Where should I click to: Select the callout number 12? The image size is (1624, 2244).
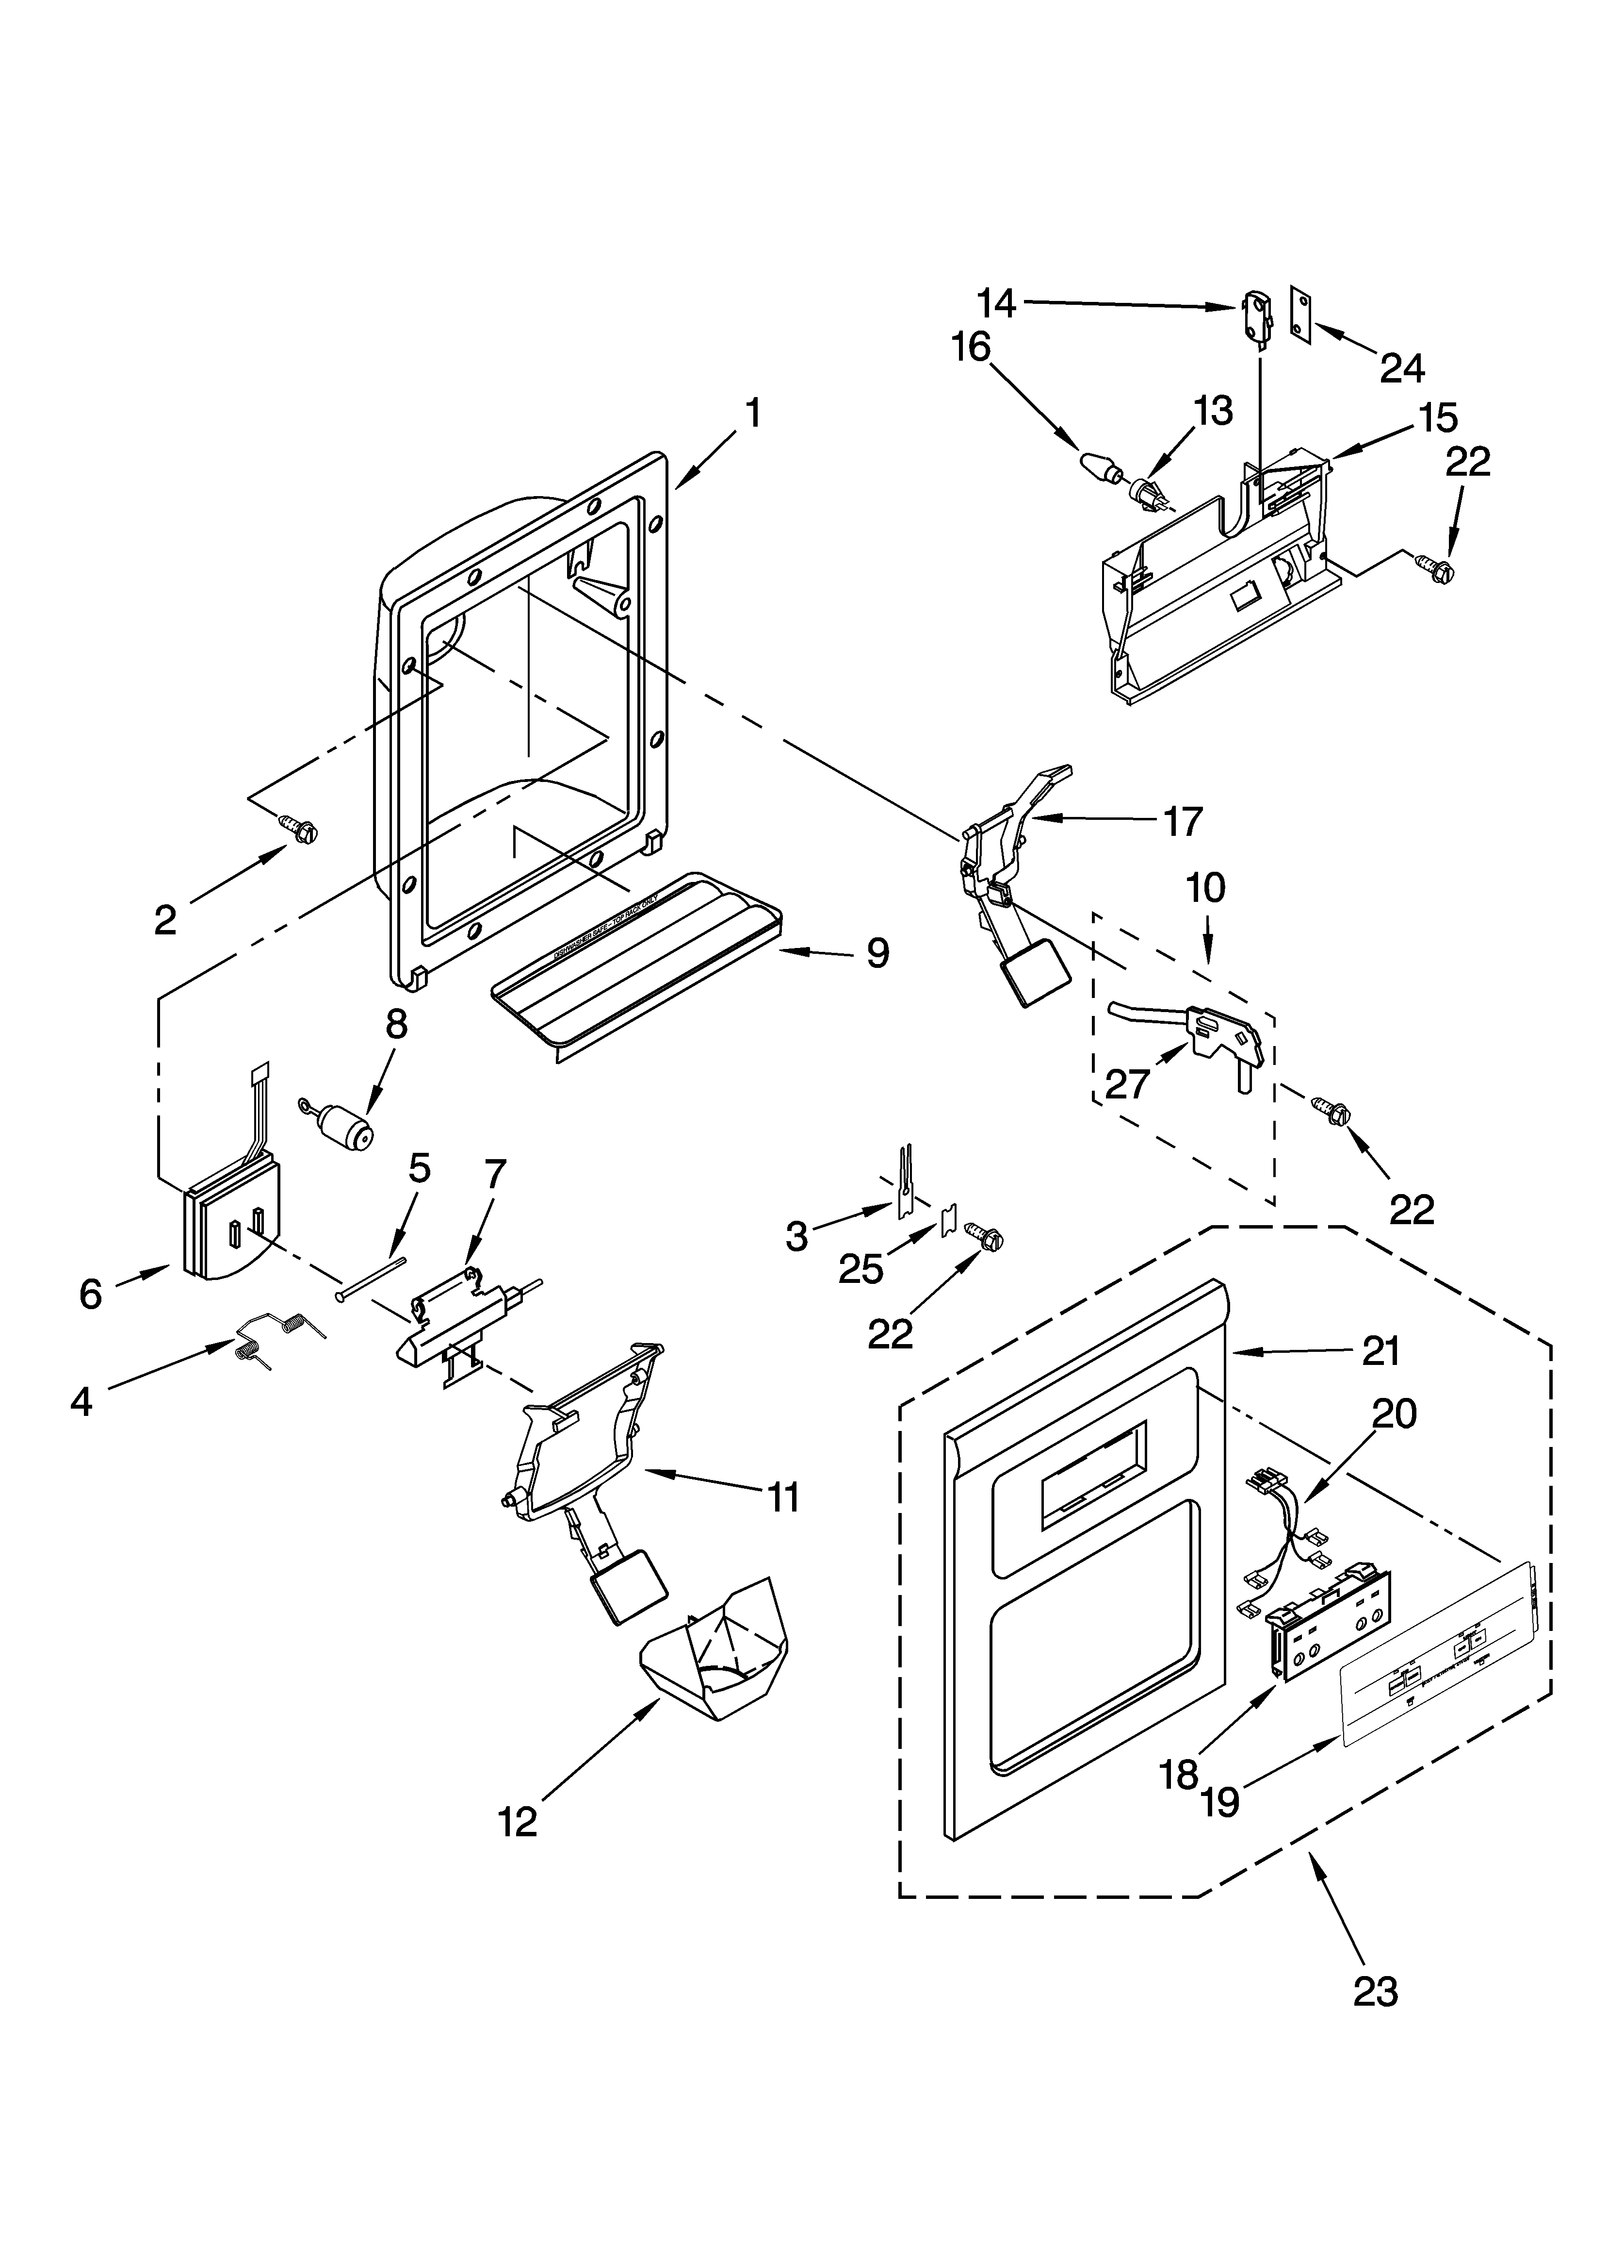pyautogui.click(x=518, y=1821)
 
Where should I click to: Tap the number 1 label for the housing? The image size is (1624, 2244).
pyautogui.click(x=753, y=413)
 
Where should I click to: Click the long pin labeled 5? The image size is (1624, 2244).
pyautogui.click(x=371, y=1278)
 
